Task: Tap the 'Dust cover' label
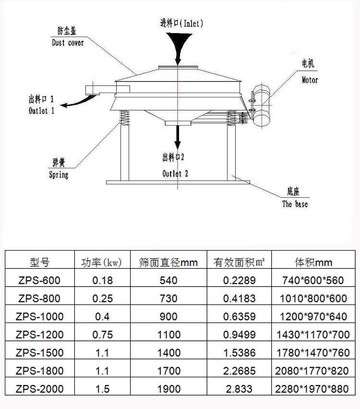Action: coord(68,43)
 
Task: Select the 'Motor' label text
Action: coord(310,80)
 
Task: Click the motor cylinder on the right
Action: coord(262,106)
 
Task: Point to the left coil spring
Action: coord(124,118)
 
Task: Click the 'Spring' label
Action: coord(59,175)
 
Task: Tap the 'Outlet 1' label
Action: coord(41,110)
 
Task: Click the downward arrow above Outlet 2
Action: coord(178,137)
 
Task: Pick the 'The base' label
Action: coord(295,204)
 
